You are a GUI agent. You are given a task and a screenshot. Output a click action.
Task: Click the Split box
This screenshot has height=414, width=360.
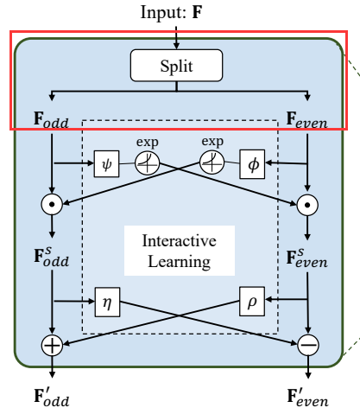176,65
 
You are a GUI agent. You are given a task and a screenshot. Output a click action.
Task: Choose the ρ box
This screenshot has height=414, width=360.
251,303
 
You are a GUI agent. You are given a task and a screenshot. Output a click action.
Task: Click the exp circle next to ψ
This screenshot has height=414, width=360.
148,162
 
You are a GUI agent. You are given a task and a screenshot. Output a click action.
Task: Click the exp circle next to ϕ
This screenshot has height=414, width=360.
212,162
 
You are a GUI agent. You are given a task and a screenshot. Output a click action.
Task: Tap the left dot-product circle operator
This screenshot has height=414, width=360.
53,205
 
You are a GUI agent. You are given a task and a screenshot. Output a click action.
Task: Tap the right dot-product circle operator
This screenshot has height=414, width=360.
307,205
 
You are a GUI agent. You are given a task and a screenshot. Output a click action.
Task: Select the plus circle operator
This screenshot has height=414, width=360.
53,346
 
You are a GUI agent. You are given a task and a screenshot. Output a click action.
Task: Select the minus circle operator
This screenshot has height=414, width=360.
307,346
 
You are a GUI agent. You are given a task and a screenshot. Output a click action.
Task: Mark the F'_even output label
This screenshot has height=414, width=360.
307,397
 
